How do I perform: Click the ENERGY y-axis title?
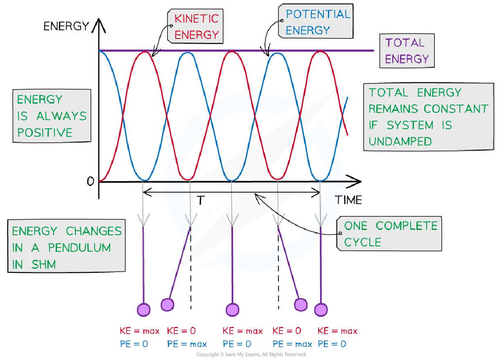pos(66,27)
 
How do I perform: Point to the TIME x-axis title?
pos(348,200)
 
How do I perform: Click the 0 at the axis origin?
pos(90,182)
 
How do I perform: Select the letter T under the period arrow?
pos(200,200)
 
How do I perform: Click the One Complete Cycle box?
pos(390,234)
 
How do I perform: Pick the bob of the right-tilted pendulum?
pos(301,304)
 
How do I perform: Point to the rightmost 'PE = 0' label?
pos(332,344)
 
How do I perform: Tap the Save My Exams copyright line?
pos(251,354)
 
